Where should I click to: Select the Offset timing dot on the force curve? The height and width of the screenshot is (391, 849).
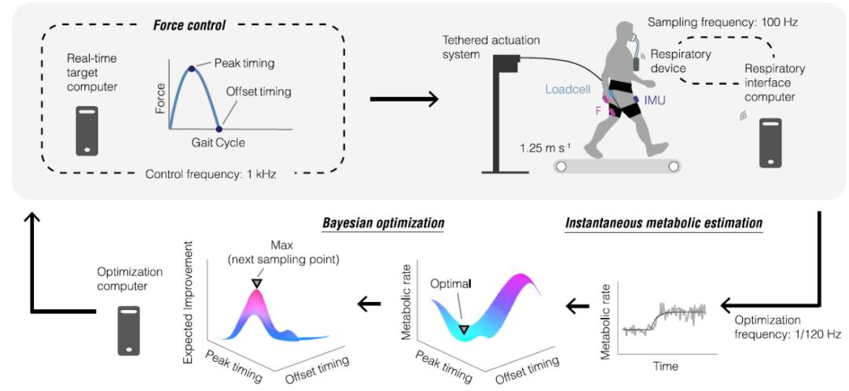[x=219, y=128]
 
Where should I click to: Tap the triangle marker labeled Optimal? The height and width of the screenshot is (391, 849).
[x=465, y=330]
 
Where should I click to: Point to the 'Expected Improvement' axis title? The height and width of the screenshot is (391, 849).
[x=189, y=304]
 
